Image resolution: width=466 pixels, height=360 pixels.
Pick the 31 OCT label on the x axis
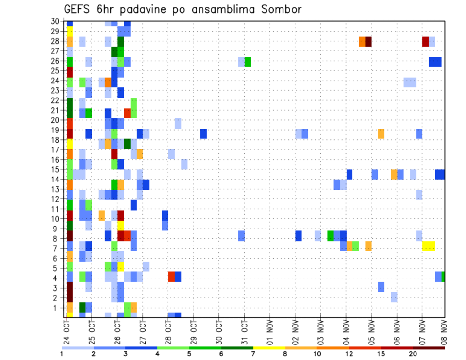tap(244, 333)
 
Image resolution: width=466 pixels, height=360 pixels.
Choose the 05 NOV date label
tap(372, 333)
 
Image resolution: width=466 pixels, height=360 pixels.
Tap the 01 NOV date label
tap(270, 333)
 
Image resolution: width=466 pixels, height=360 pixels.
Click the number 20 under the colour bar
tap(413, 353)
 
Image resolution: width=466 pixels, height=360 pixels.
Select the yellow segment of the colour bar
tap(269, 347)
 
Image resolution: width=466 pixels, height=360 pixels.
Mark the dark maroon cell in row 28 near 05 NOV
tap(368, 41)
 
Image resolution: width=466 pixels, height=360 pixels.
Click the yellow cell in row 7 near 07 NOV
tap(429, 246)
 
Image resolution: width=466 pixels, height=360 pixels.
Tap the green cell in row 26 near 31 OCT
tap(248, 62)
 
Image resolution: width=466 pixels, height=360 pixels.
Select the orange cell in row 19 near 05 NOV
tap(381, 133)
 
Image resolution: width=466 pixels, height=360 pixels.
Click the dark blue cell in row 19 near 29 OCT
tap(203, 133)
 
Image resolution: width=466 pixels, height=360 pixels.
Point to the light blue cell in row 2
tap(394, 297)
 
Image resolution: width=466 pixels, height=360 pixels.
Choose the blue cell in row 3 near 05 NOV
tap(381, 287)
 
